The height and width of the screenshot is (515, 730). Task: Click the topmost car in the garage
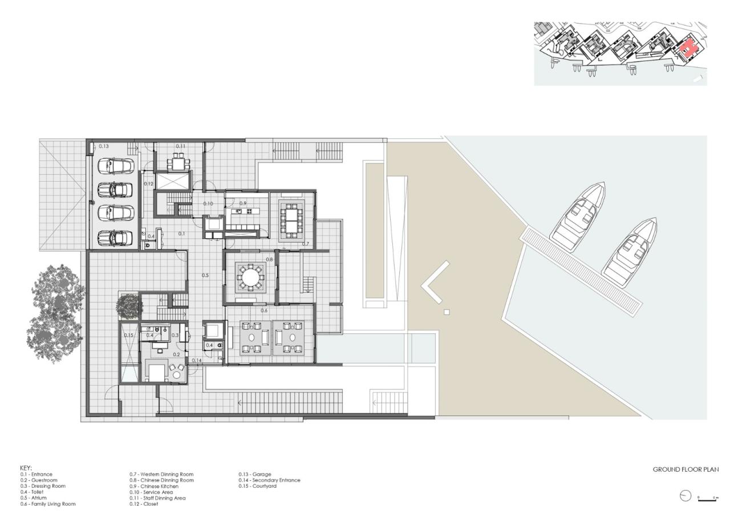pos(116,166)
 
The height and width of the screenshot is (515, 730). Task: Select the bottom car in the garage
pos(116,236)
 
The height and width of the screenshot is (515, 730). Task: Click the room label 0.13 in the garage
pos(104,146)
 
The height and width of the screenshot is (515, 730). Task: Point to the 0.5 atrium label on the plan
pos(205,275)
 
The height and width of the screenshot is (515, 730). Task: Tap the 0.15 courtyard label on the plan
pos(128,335)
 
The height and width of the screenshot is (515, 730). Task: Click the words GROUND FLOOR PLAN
pos(686,469)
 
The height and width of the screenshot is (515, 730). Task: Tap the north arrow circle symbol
pos(686,496)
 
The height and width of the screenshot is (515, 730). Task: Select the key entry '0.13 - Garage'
pos(255,474)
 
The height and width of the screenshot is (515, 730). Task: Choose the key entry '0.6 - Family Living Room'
pos(48,504)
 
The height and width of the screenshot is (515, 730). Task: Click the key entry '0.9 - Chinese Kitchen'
pos(154,486)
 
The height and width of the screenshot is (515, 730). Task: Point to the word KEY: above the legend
pos(26,468)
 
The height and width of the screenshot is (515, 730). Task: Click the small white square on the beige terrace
pos(447,312)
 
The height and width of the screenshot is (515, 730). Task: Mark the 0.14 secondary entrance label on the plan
pos(196,361)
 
